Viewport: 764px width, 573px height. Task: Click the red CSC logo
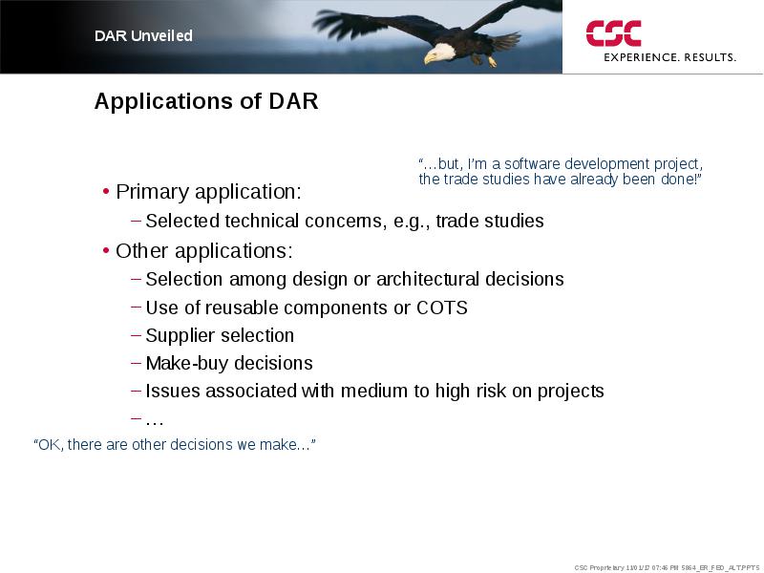pos(613,33)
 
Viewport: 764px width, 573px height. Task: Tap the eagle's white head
pos(441,52)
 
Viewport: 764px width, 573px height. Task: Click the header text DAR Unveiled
pos(143,35)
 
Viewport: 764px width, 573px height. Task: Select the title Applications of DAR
pos(206,101)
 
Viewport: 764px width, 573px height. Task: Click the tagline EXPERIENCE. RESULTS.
pos(670,57)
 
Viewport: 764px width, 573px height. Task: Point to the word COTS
pos(442,308)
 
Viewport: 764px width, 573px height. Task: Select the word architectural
pos(428,279)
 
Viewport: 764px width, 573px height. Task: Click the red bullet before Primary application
pos(106,192)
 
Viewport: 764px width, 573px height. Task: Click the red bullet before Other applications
pos(106,251)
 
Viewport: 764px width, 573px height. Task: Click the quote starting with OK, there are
pos(175,444)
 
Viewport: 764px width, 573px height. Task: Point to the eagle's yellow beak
pos(429,58)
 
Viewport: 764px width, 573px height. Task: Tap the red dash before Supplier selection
pos(137,335)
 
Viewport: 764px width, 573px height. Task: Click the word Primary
pos(153,192)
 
